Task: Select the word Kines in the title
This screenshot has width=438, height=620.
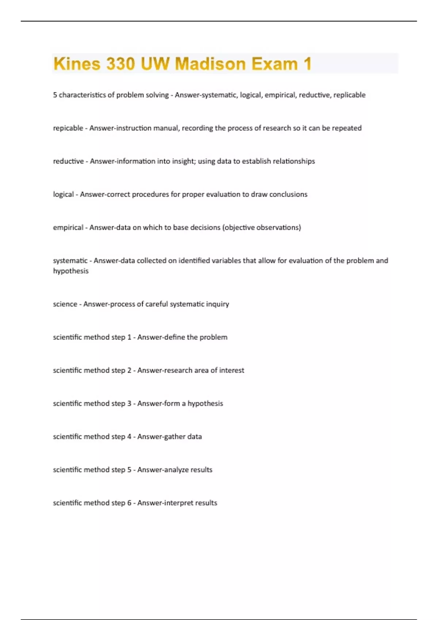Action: tap(77, 64)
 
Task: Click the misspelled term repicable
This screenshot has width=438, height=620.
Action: tap(68, 128)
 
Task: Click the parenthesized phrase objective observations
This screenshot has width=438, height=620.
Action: tap(262, 228)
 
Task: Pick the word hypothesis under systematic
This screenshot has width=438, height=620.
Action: tap(71, 271)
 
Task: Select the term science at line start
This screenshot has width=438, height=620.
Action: tap(65, 304)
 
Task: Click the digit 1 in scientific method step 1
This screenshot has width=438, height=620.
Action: tap(129, 337)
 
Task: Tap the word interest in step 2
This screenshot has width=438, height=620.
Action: tap(231, 371)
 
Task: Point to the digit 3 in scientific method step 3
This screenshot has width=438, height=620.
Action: tap(129, 404)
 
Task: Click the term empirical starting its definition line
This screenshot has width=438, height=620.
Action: tap(68, 228)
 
